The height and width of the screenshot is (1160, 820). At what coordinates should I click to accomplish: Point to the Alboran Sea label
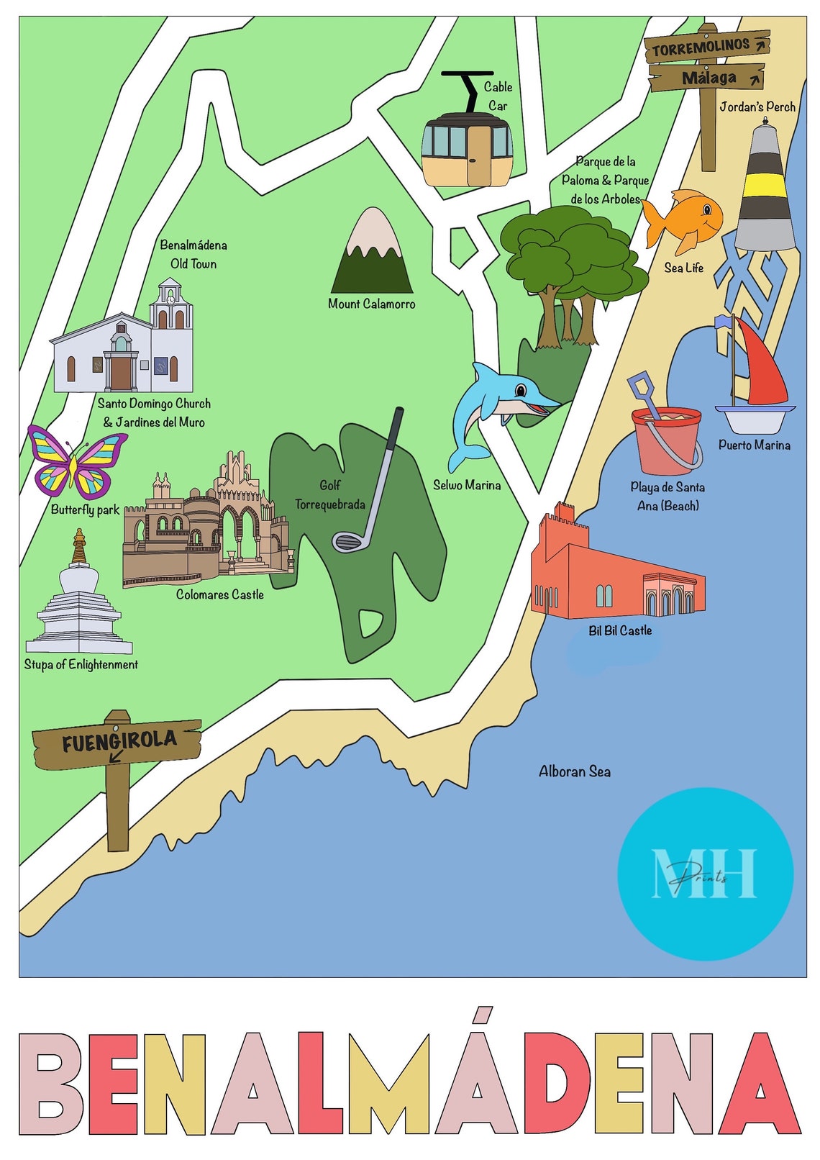[574, 771]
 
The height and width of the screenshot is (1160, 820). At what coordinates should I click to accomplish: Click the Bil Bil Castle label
[619, 630]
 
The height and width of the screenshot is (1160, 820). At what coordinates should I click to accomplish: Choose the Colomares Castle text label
[219, 594]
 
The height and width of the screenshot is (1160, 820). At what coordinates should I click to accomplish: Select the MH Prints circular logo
[704, 874]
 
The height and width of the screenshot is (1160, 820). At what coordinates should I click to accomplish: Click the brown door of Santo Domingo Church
[120, 373]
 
